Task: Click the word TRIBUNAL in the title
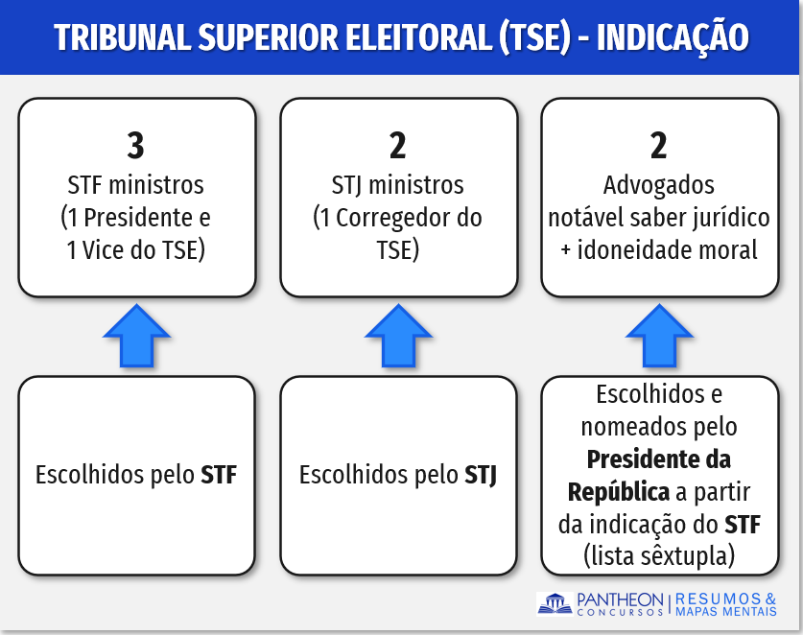pos(124,36)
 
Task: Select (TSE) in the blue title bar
pos(534,37)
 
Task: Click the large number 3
pos(135,146)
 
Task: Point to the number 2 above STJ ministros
pos(398,146)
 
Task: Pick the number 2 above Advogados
pos(659,146)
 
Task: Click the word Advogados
pos(658,185)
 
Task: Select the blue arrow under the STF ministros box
pos(137,336)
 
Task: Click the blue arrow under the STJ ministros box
pos(398,336)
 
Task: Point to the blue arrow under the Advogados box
pos(660,336)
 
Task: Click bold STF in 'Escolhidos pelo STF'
pos(219,475)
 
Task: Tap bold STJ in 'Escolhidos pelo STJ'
pos(481,475)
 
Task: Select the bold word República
pos(619,492)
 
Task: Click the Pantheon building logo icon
pos(555,604)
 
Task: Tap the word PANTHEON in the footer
pos(620,600)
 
